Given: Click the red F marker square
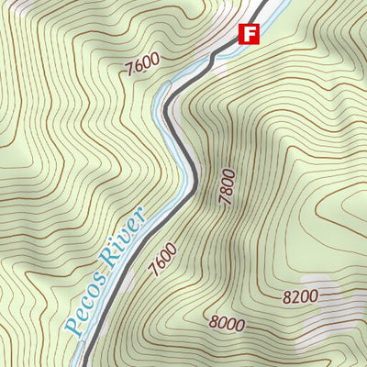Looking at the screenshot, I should (249, 34).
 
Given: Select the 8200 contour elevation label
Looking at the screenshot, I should (301, 296).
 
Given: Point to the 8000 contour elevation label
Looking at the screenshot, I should (227, 323).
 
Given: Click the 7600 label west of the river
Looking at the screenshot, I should (141, 63).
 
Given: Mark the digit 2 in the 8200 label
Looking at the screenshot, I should (295, 296).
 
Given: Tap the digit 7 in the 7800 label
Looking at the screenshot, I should (226, 203).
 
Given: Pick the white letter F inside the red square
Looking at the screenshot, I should (249, 34).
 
